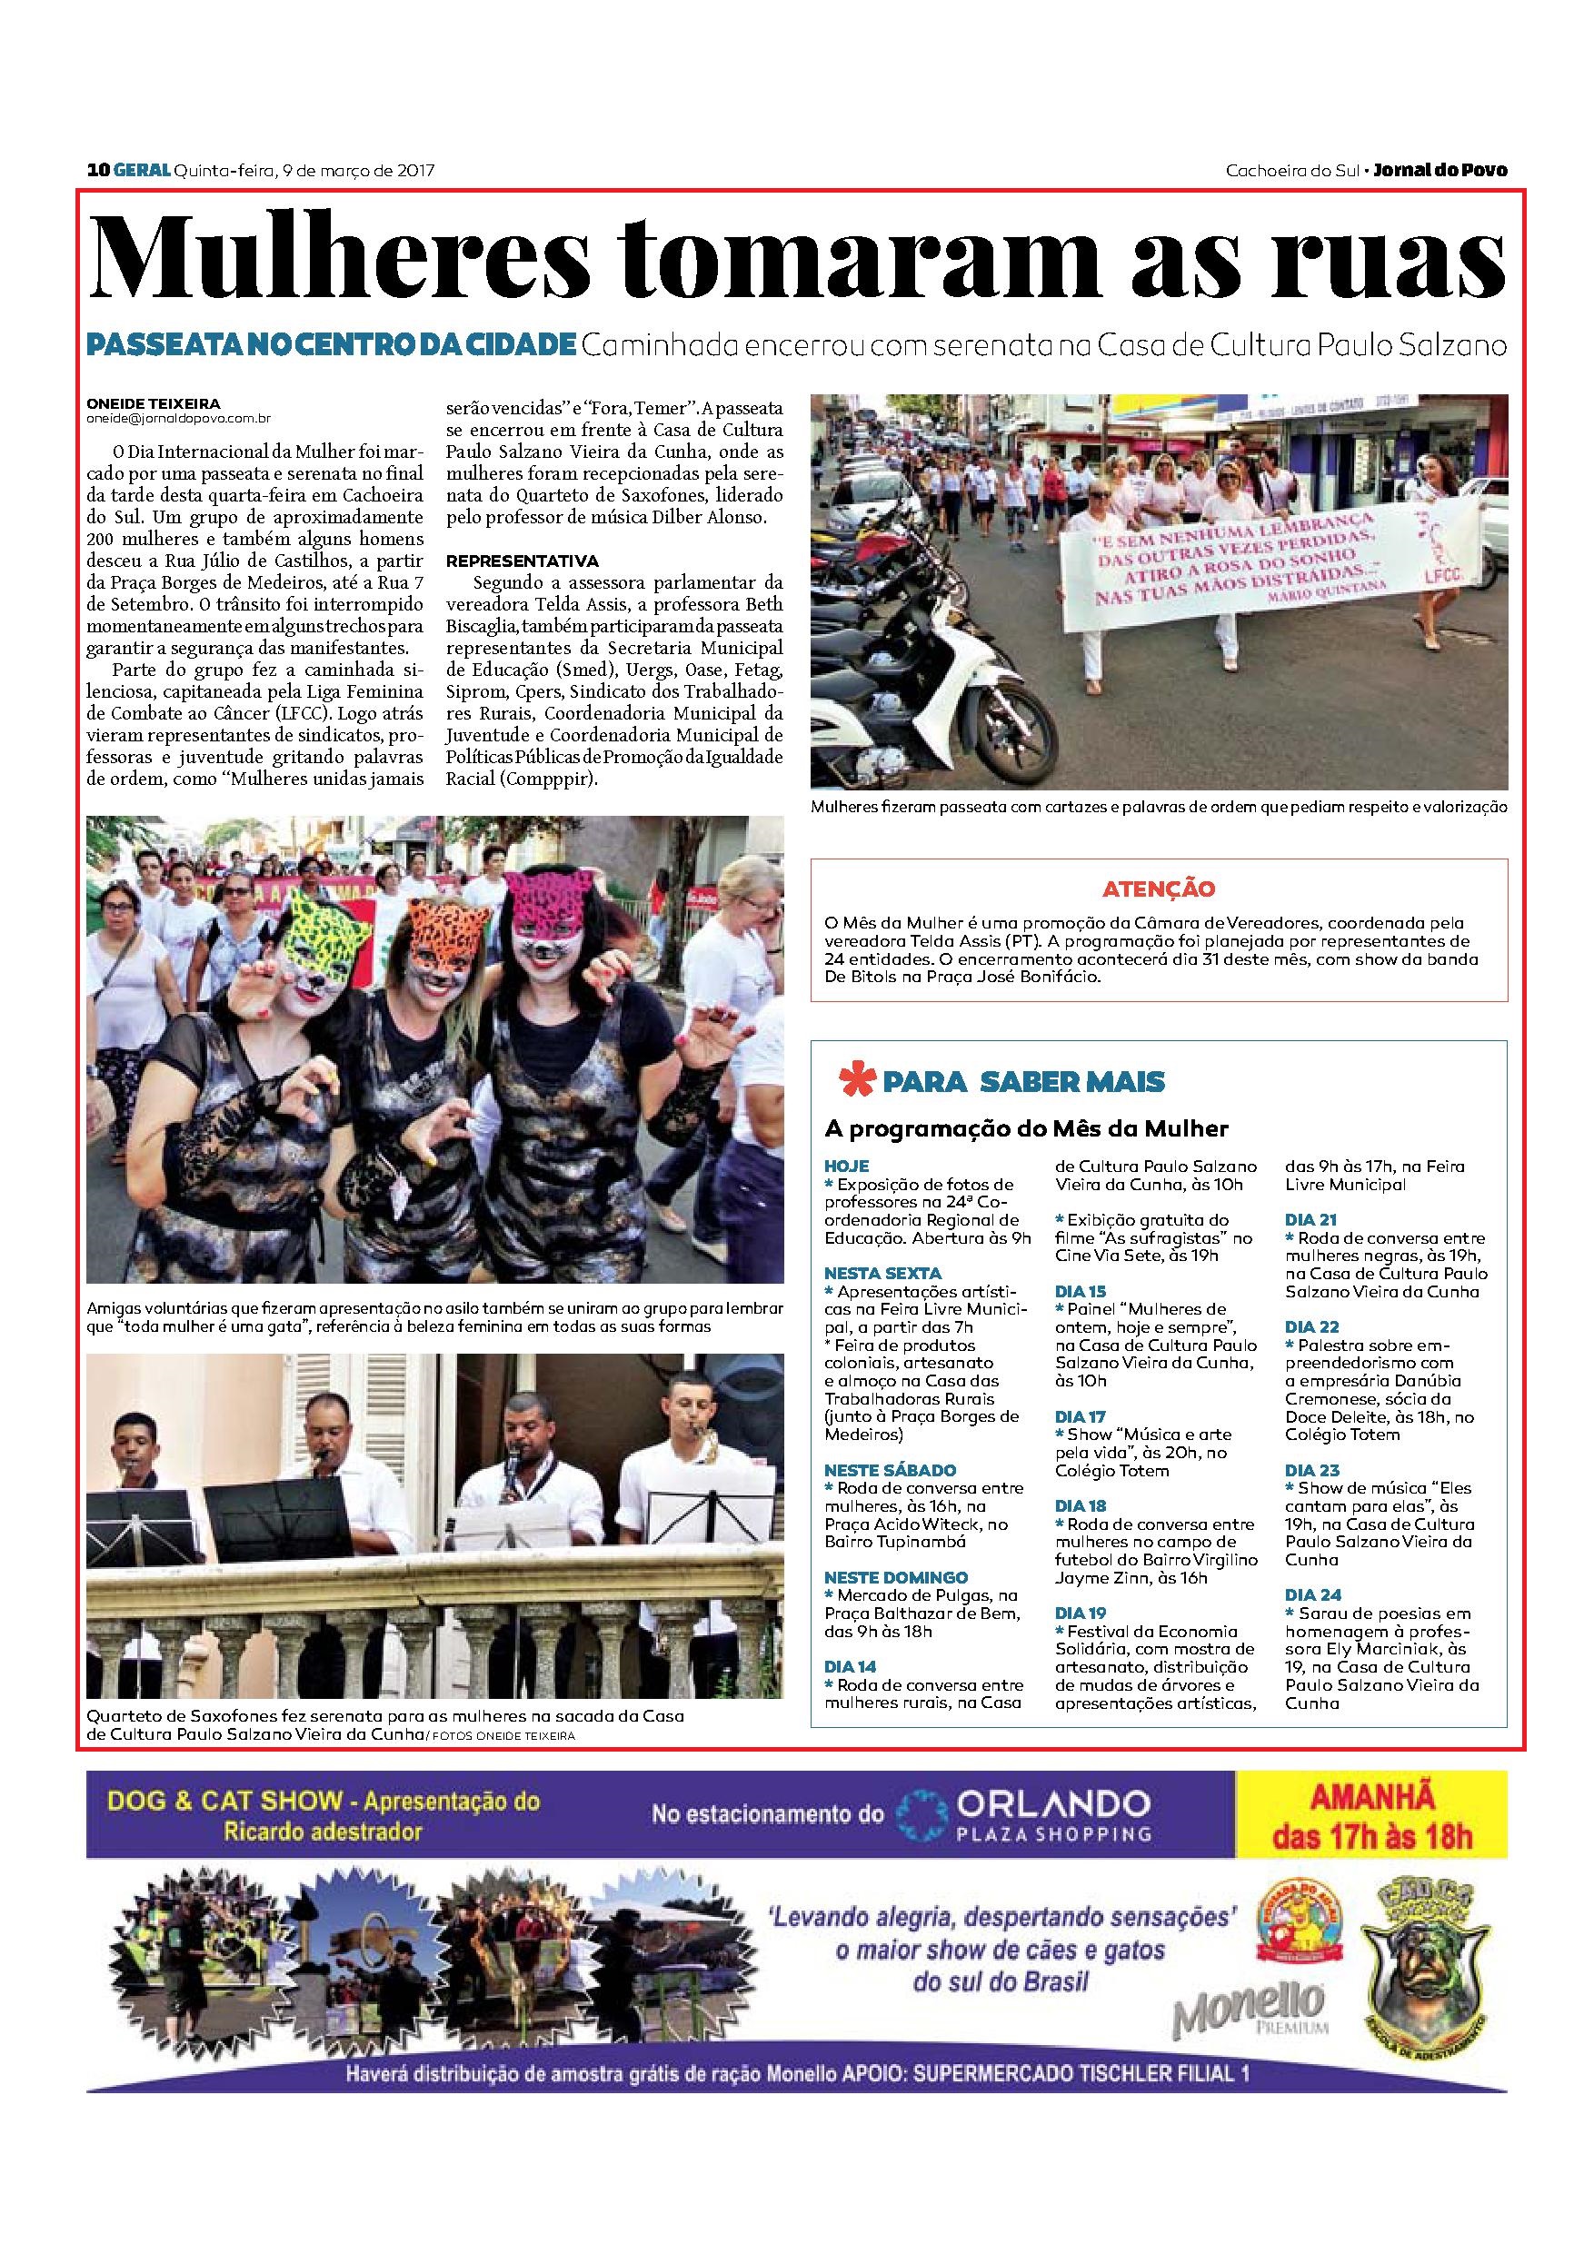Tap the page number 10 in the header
coord(96,170)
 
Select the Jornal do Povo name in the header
coord(1440,170)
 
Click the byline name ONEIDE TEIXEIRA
coord(154,402)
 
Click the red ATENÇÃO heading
coord(1158,889)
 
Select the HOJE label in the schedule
coord(847,1167)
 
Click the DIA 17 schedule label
coord(1081,1416)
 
